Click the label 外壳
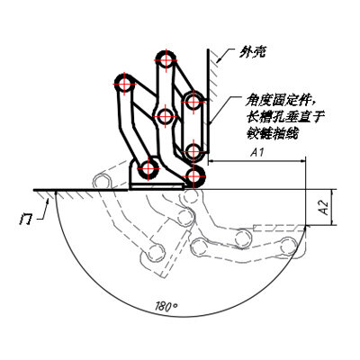pos(252,53)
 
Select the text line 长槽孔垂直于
pos(284,117)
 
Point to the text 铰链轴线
pos(272,133)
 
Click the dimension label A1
pos(257,153)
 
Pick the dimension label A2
pos(324,207)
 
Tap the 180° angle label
pos(166,307)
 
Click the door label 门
pos(25,220)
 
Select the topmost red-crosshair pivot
pos(166,60)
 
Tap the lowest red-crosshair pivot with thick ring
pos(194,176)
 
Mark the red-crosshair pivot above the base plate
pos(148,169)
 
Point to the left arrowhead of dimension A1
pos(211,161)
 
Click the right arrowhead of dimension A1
pos(302,161)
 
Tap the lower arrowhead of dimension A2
pos(331,222)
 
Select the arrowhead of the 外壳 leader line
pos(218,60)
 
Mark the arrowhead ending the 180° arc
pos(304,229)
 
